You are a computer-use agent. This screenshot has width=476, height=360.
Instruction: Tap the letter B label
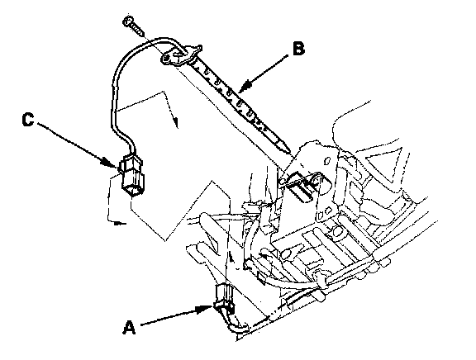tap(298, 49)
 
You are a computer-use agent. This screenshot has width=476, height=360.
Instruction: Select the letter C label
tap(28, 120)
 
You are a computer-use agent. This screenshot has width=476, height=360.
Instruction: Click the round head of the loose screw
tap(128, 21)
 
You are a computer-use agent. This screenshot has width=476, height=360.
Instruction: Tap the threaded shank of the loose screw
tap(138, 30)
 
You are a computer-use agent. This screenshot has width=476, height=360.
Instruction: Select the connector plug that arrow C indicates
tap(132, 175)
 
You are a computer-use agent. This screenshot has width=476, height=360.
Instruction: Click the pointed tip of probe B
tap(288, 149)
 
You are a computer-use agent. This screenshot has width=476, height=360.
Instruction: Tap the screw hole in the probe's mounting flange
tap(167, 58)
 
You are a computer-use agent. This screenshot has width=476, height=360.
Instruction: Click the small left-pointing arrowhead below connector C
tap(120, 224)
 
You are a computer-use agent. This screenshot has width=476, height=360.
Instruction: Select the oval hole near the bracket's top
tap(327, 161)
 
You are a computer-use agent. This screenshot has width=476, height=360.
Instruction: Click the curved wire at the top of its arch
tap(158, 39)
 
